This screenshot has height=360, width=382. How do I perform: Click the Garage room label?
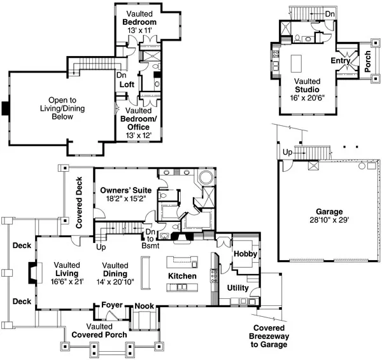click(329, 212)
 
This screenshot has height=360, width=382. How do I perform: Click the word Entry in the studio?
click(341, 60)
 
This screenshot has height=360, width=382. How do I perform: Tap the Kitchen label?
click(182, 277)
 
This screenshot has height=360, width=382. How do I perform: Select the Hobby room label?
click(244, 253)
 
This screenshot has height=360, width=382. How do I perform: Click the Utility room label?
click(238, 288)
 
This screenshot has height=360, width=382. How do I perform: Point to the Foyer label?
click(112, 305)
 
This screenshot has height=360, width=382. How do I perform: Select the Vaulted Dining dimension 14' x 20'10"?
click(116, 281)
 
